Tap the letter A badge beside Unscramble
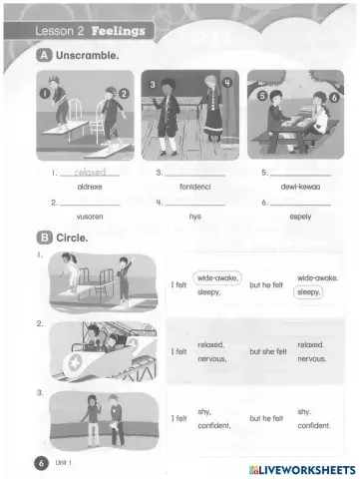pyautogui.click(x=44, y=56)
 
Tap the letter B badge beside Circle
pyautogui.click(x=44, y=239)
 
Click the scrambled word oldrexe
pyautogui.click(x=90, y=186)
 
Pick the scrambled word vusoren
pyautogui.click(x=90, y=216)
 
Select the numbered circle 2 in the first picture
pyautogui.click(x=125, y=93)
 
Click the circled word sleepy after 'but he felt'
pyautogui.click(x=309, y=293)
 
